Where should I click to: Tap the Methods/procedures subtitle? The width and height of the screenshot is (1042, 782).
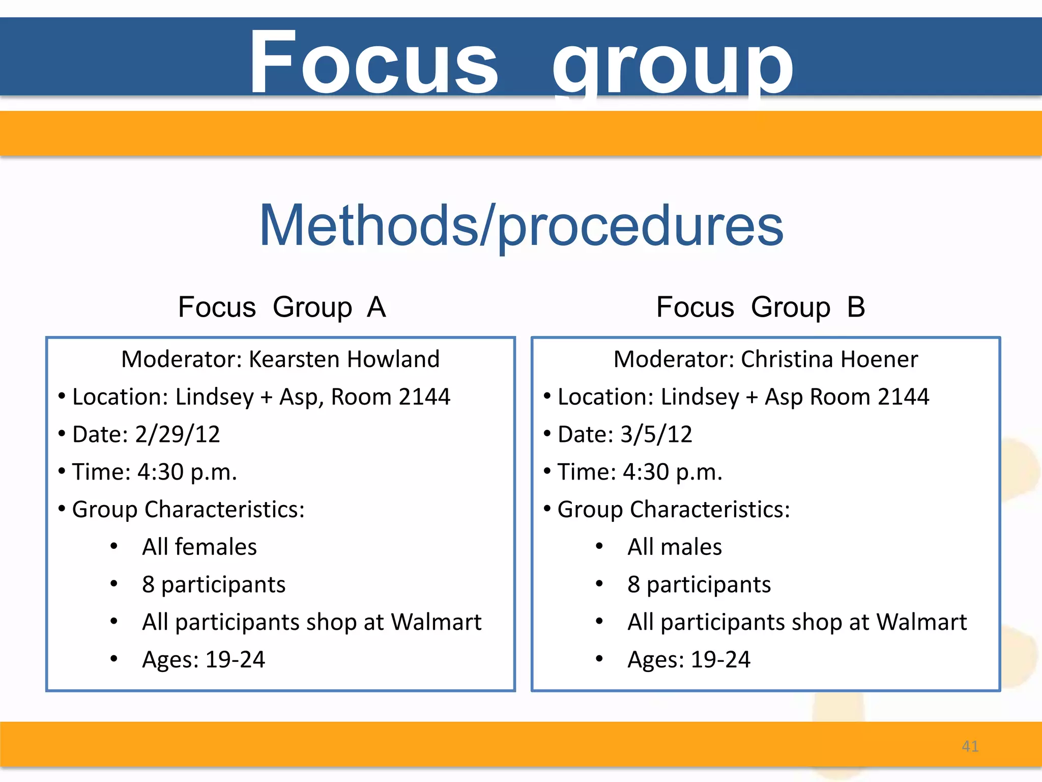point(521,226)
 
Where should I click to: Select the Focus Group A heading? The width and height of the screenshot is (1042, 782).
point(282,307)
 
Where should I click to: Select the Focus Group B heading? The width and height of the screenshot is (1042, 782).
point(761,307)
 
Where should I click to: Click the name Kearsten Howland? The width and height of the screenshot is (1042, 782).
point(344,359)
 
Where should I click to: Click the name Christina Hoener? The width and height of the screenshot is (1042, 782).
point(829,359)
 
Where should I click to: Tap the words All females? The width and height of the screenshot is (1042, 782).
point(199,547)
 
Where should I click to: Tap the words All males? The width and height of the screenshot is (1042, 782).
point(675,547)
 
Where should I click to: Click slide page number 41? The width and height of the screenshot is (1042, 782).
point(970,746)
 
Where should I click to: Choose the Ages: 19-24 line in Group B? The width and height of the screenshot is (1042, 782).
point(689,660)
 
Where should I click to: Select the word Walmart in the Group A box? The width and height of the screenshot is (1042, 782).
point(436,622)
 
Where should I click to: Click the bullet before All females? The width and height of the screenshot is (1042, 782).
point(114,547)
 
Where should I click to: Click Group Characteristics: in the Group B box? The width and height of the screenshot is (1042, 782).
point(674,510)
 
